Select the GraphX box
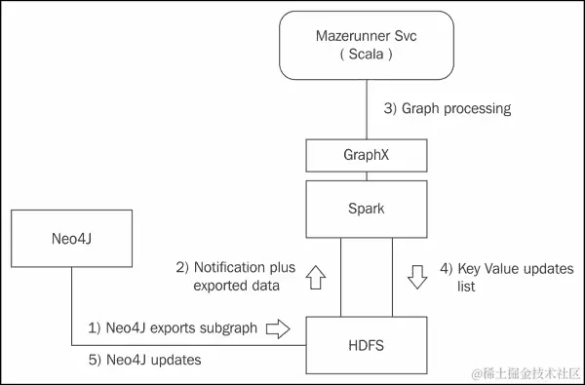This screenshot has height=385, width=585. [x=368, y=154]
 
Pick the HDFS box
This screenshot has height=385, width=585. [x=368, y=345]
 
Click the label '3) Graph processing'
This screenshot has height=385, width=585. [x=447, y=109]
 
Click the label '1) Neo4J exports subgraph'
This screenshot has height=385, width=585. [x=174, y=328]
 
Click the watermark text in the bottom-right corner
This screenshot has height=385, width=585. [x=526, y=373]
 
